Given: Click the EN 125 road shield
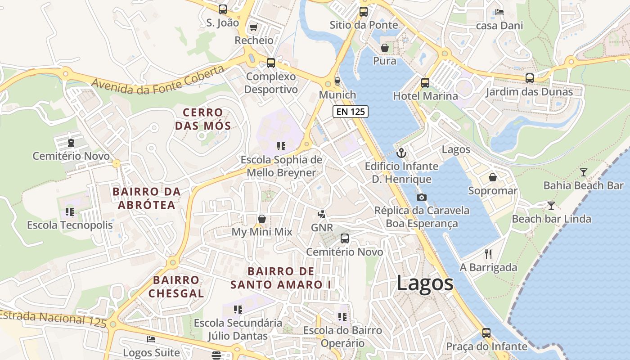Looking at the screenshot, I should pyautogui.click(x=351, y=112).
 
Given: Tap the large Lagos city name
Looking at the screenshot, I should pyautogui.click(x=425, y=283).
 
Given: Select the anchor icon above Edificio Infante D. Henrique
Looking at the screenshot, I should pyautogui.click(x=401, y=153).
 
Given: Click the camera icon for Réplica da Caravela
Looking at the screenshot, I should pyautogui.click(x=422, y=197).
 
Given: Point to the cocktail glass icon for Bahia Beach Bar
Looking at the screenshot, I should pyautogui.click(x=583, y=172).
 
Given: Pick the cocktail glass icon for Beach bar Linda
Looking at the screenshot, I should pyautogui.click(x=551, y=206).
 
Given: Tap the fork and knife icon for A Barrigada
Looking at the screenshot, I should pyautogui.click(x=488, y=254).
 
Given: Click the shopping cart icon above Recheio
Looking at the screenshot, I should pyautogui.click(x=253, y=27).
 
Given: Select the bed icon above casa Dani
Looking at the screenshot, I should pyautogui.click(x=499, y=12).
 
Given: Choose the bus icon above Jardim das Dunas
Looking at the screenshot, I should pyautogui.click(x=530, y=78).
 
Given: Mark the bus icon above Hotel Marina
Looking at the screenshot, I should pyautogui.click(x=425, y=83).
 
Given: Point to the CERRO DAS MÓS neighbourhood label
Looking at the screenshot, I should pyautogui.click(x=202, y=119).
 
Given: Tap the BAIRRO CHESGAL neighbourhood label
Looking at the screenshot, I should pyautogui.click(x=176, y=287).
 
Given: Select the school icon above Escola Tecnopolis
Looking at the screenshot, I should pyautogui.click(x=69, y=211).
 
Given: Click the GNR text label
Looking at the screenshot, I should pyautogui.click(x=322, y=228).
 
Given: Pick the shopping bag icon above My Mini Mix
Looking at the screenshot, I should pyautogui.click(x=262, y=219).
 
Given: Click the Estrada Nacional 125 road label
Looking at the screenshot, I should pyautogui.click(x=53, y=318).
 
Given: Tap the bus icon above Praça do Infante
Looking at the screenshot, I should pyautogui.click(x=486, y=333).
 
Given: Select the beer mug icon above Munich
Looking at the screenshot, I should pyautogui.click(x=337, y=81).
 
